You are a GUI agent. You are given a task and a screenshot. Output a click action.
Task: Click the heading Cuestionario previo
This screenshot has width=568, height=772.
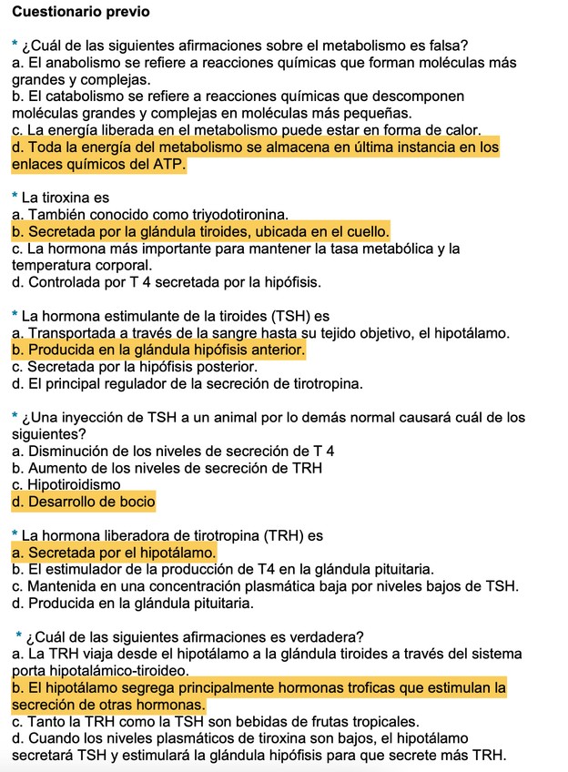[80, 13]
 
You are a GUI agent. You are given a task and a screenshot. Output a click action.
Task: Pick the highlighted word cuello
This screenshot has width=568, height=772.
[365, 231]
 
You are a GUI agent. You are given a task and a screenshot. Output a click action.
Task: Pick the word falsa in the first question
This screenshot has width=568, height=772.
[461, 46]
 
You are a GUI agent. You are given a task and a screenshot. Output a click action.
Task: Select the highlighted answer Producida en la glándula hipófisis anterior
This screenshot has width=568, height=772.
[158, 350]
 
